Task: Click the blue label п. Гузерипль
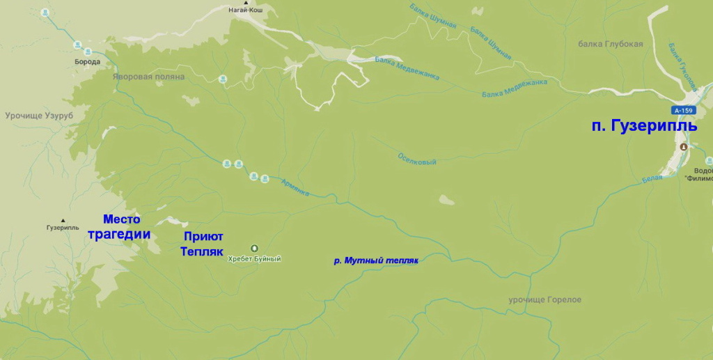(x=643, y=126)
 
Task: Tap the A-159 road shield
(x=684, y=110)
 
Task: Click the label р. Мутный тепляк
(x=375, y=260)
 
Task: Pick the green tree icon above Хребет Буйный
(x=253, y=248)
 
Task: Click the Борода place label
(x=87, y=62)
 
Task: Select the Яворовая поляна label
(x=148, y=77)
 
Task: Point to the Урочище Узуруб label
(x=38, y=115)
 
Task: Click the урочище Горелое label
(x=544, y=300)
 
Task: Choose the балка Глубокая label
(x=611, y=44)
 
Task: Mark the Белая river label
(x=652, y=178)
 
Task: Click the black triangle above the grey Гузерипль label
(x=63, y=219)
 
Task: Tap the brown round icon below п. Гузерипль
(x=684, y=147)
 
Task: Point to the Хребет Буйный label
(x=254, y=259)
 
